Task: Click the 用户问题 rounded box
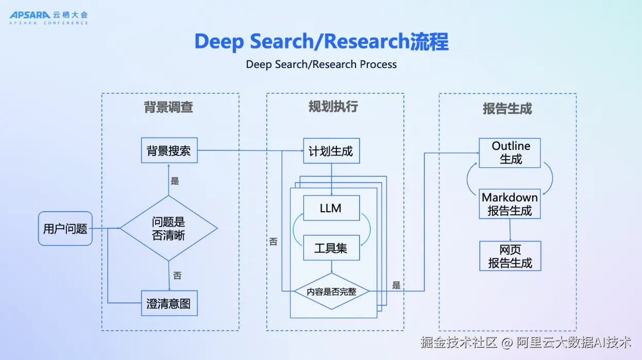click(x=65, y=228)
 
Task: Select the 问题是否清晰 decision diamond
click(x=168, y=228)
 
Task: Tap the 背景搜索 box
click(x=169, y=150)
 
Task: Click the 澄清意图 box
click(x=169, y=303)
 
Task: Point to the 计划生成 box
click(x=331, y=151)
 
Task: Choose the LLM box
click(x=331, y=209)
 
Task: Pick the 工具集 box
click(x=331, y=248)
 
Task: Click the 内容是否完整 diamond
click(x=331, y=291)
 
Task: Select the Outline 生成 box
click(x=510, y=152)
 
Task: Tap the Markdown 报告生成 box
click(x=510, y=204)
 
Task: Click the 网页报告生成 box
click(x=510, y=256)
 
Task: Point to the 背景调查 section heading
click(x=168, y=107)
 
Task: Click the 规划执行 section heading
click(x=333, y=107)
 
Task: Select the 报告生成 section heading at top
click(x=507, y=108)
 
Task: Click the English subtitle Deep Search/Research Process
click(x=321, y=64)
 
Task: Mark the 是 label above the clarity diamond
click(x=175, y=181)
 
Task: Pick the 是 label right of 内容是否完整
click(x=396, y=285)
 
